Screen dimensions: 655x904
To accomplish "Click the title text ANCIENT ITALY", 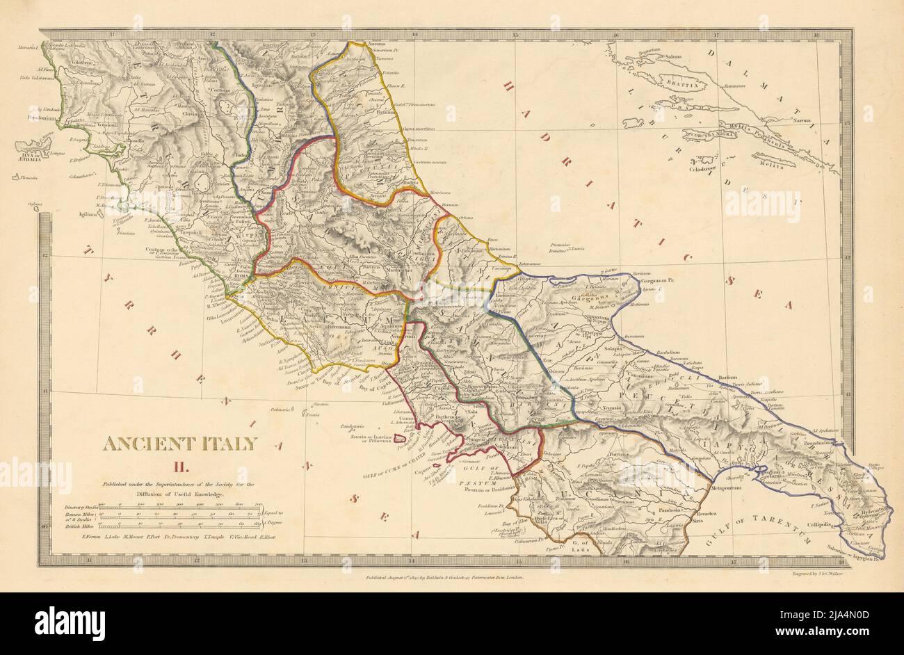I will (x=180, y=443).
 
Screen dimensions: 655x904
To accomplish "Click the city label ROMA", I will (x=241, y=276).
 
